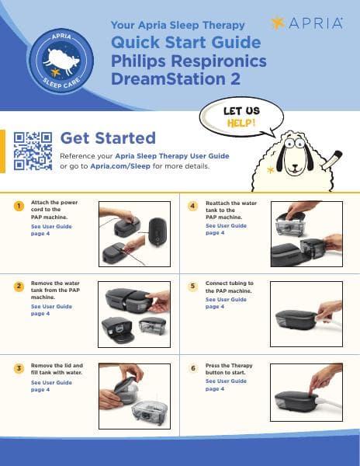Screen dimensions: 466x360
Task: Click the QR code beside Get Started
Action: coord(33,150)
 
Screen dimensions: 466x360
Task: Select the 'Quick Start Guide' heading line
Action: coord(186,43)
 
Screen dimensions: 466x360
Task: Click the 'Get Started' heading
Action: coord(108,138)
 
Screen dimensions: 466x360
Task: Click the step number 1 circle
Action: coord(18,206)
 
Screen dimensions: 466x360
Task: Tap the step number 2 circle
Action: coord(18,287)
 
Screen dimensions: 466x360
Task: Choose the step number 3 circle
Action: coord(18,367)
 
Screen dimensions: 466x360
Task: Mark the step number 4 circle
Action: coord(193,206)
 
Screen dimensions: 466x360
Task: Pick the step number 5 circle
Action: coord(193,287)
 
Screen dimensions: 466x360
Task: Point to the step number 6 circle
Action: coord(193,367)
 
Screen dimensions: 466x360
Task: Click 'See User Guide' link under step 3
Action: coord(51,383)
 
